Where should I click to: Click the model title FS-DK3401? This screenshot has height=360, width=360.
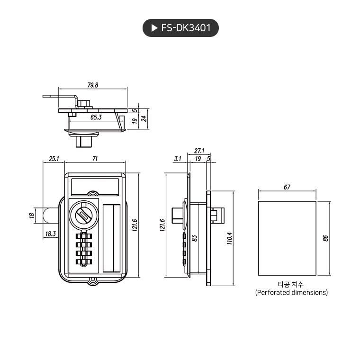(186, 28)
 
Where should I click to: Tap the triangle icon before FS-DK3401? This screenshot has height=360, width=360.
(154, 28)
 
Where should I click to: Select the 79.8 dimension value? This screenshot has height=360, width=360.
(93, 85)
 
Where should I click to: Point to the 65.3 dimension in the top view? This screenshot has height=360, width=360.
(96, 117)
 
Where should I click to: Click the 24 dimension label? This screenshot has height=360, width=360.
(144, 119)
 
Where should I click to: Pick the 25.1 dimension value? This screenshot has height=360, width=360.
(54, 159)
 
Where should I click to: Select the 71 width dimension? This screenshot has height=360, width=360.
(95, 159)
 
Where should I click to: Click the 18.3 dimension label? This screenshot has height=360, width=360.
(51, 234)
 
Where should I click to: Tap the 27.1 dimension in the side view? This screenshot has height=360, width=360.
(199, 151)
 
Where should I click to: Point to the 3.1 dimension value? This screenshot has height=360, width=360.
(178, 159)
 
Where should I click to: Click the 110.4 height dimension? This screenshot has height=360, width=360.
(230, 238)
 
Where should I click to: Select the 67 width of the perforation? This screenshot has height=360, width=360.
(287, 187)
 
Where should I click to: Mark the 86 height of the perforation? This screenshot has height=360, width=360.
(325, 238)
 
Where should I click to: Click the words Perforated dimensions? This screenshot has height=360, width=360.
(291, 292)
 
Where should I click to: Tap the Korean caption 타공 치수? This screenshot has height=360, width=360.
(291, 284)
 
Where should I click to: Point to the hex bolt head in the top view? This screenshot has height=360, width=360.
(86, 103)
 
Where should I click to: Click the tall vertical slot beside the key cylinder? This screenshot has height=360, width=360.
(112, 238)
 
